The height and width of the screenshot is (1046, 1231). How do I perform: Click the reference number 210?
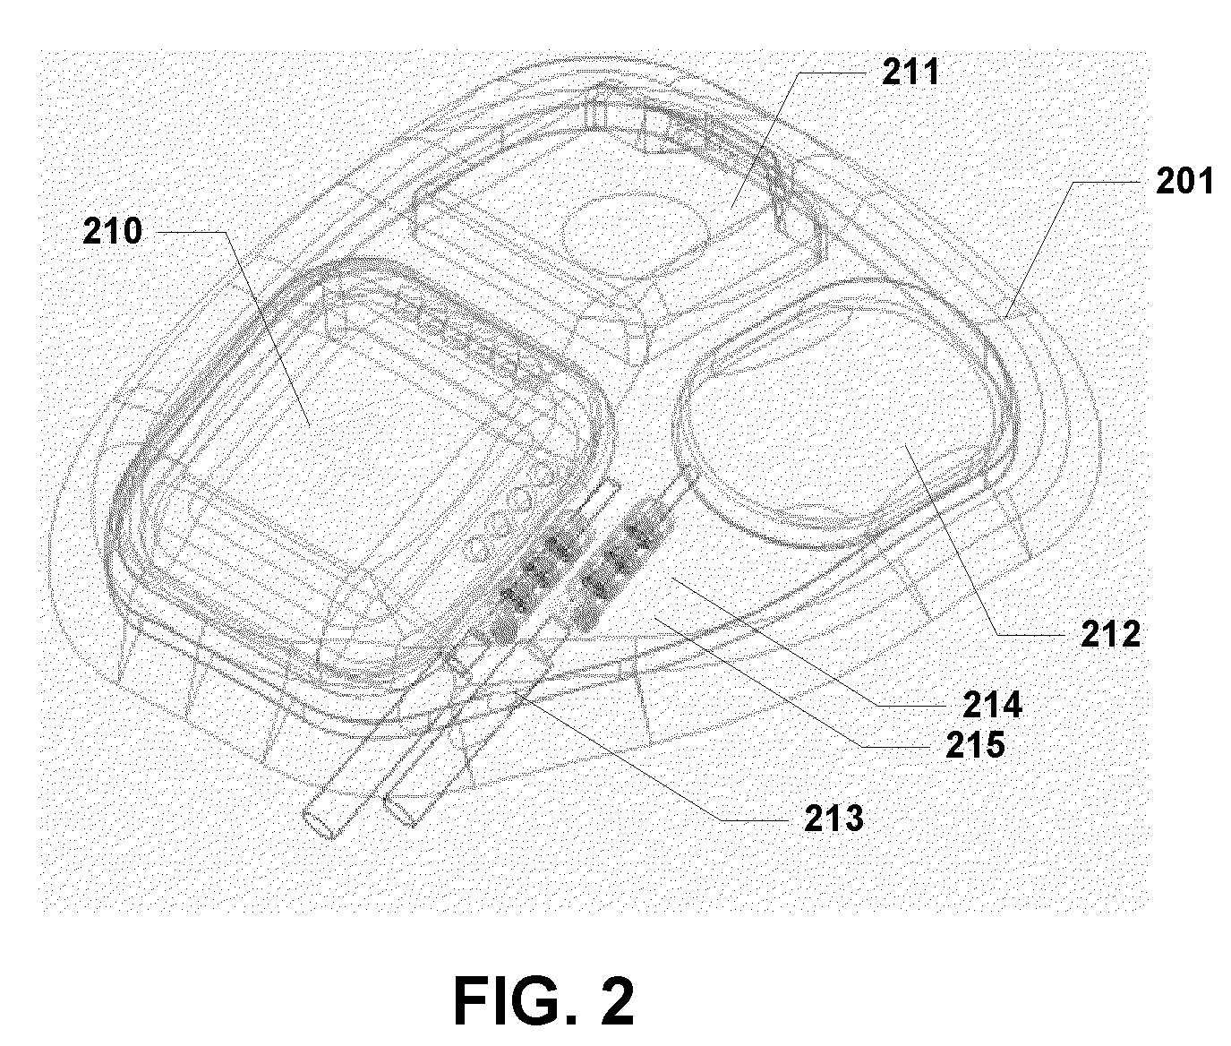coord(112,231)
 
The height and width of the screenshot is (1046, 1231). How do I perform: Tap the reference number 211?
coord(910,72)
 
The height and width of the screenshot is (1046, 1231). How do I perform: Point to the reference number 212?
coord(1110,634)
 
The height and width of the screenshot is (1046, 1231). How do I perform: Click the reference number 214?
coord(992,706)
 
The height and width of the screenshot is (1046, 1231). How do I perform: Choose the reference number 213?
coord(833,817)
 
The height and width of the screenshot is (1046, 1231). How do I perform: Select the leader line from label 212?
coord(967,546)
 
